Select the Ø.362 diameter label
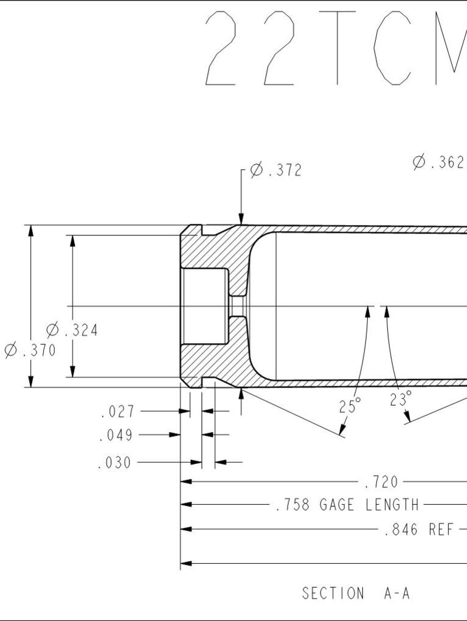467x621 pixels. [438, 162]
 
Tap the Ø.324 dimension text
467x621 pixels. [72, 330]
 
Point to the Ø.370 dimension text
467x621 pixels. [30, 350]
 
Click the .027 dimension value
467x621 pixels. [117, 412]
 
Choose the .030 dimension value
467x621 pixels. [114, 463]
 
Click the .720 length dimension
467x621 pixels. [381, 482]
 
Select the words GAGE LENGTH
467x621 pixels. [369, 505]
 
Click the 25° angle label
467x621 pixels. [350, 406]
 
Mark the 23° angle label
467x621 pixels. [401, 400]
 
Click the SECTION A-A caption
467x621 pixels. [356, 593]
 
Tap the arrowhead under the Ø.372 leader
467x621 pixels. [241, 220]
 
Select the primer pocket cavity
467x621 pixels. [206, 306]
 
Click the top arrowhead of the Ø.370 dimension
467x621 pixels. [31, 231]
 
